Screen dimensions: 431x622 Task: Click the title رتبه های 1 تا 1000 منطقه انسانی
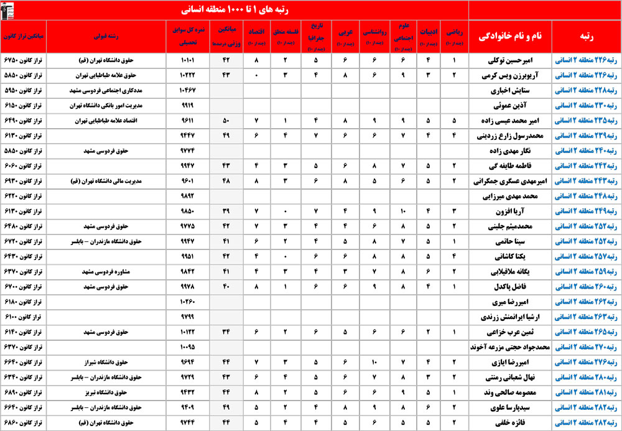(234, 10)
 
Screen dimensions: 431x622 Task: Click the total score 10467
(187, 91)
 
